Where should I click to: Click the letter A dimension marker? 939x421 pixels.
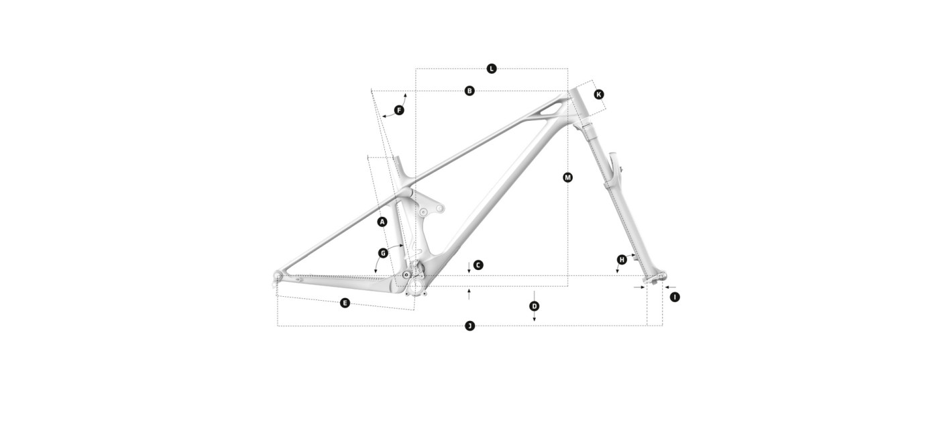click(x=382, y=222)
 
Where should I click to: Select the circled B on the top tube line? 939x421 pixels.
click(x=469, y=91)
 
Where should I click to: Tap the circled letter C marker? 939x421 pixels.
click(x=478, y=265)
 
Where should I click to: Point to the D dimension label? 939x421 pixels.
click(x=534, y=306)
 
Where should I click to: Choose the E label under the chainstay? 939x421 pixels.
click(x=345, y=303)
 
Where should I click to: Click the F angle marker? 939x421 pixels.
click(x=399, y=110)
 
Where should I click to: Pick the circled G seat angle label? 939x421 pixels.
click(x=383, y=253)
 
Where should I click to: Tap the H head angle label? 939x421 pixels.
click(x=622, y=260)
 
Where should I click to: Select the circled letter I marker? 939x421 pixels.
click(x=675, y=297)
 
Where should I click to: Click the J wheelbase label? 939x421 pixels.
click(x=470, y=326)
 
